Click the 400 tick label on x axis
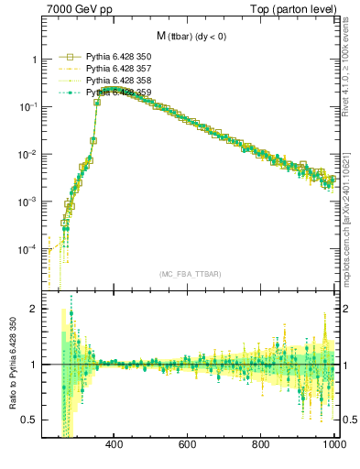click(x=115, y=446)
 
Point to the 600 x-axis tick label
click(x=188, y=446)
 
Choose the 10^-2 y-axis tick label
click(x=27, y=155)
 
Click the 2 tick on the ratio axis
click(x=33, y=309)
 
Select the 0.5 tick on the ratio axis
click(x=29, y=420)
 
